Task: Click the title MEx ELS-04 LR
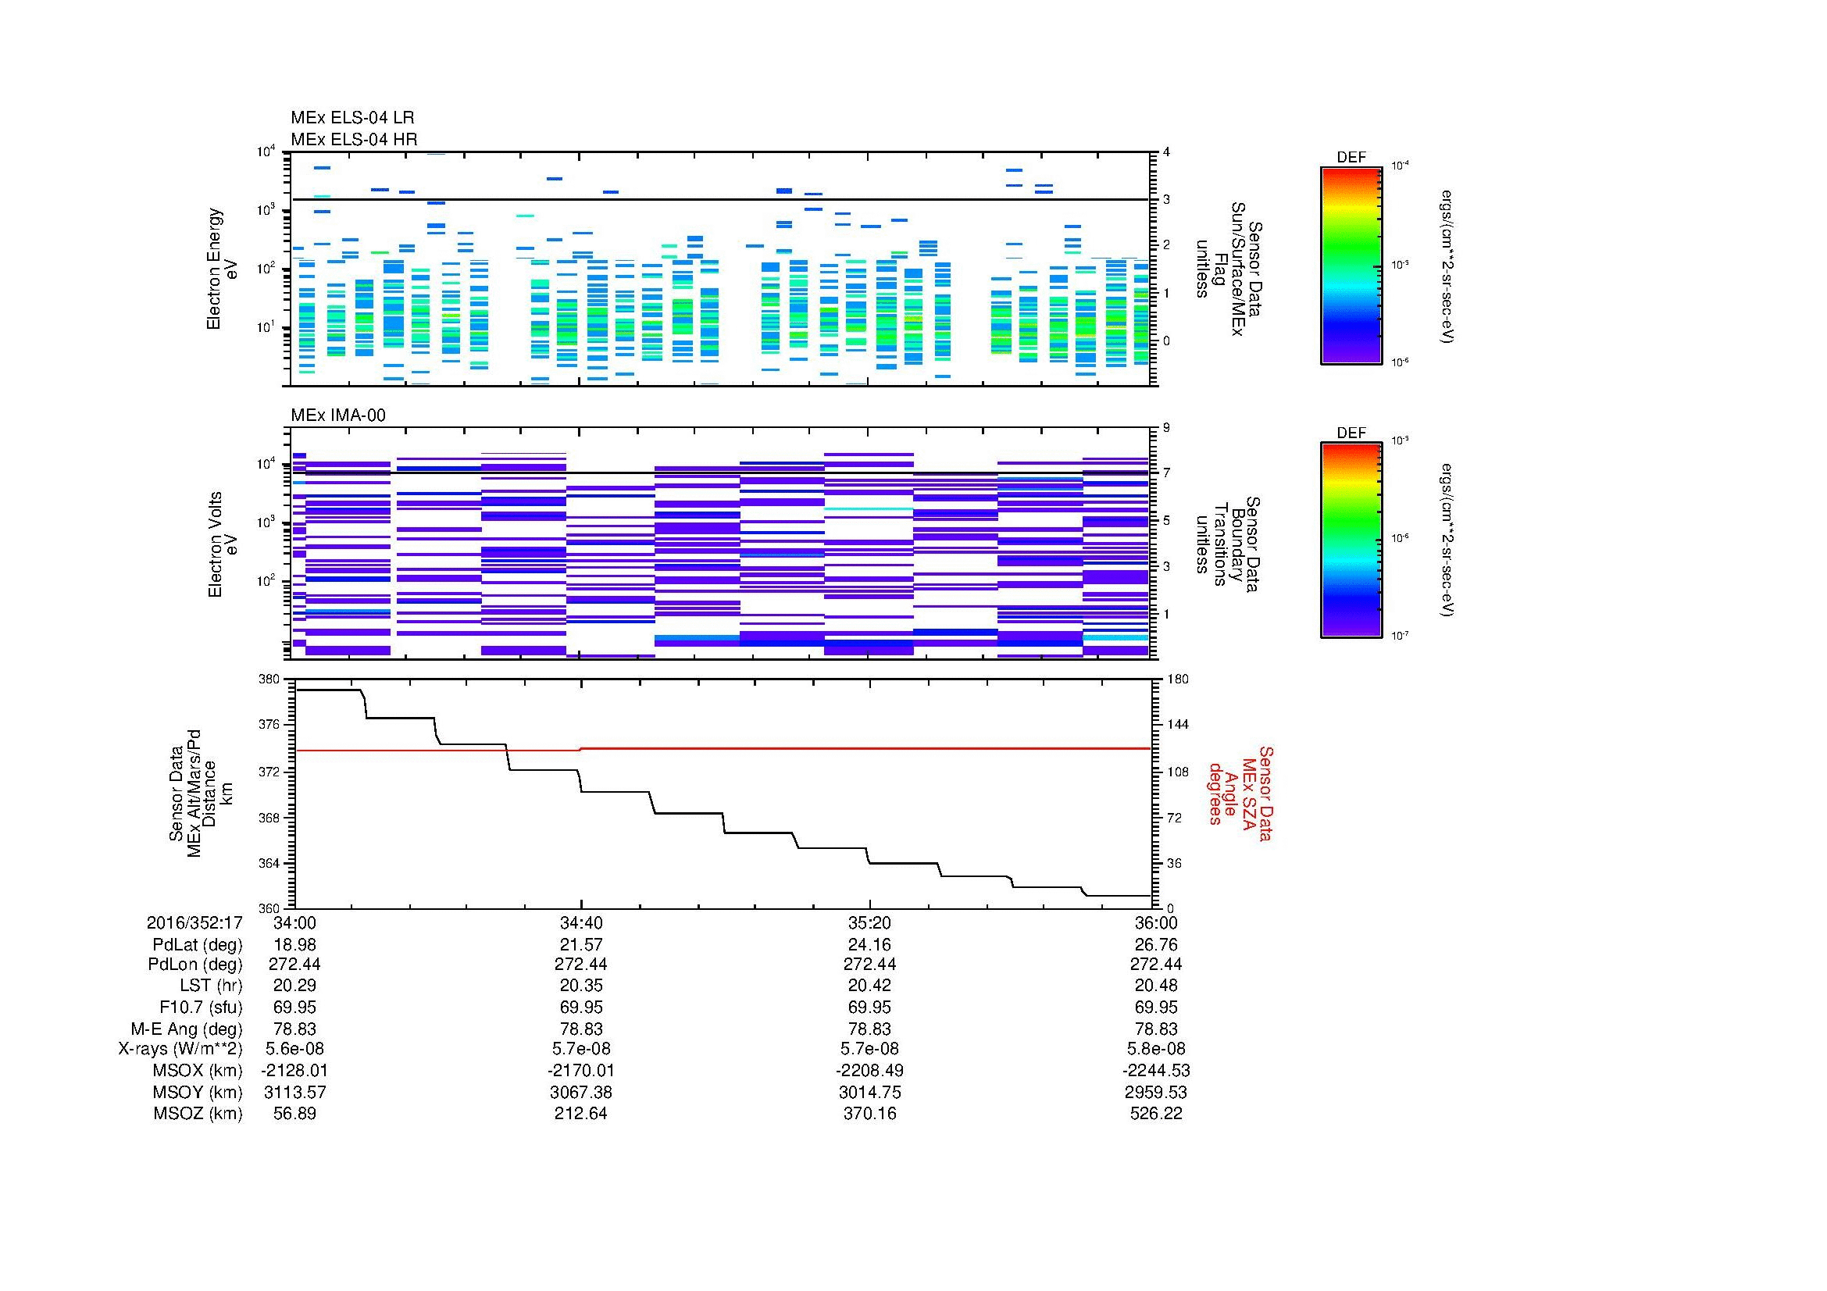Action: pyautogui.click(x=351, y=118)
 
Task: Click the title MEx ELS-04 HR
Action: pyautogui.click(x=353, y=139)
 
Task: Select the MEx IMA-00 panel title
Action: pyautogui.click(x=337, y=415)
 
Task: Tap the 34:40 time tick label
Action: pyautogui.click(x=581, y=922)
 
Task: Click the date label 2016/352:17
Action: pyautogui.click(x=194, y=922)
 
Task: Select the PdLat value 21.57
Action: pyautogui.click(x=581, y=944)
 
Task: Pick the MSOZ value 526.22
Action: pyautogui.click(x=1155, y=1114)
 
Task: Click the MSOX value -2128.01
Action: pyautogui.click(x=294, y=1071)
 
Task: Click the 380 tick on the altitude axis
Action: pyautogui.click(x=269, y=679)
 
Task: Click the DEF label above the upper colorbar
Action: pyautogui.click(x=1351, y=158)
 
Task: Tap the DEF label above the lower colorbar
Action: pyautogui.click(x=1351, y=433)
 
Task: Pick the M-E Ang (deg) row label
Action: pyautogui.click(x=186, y=1029)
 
